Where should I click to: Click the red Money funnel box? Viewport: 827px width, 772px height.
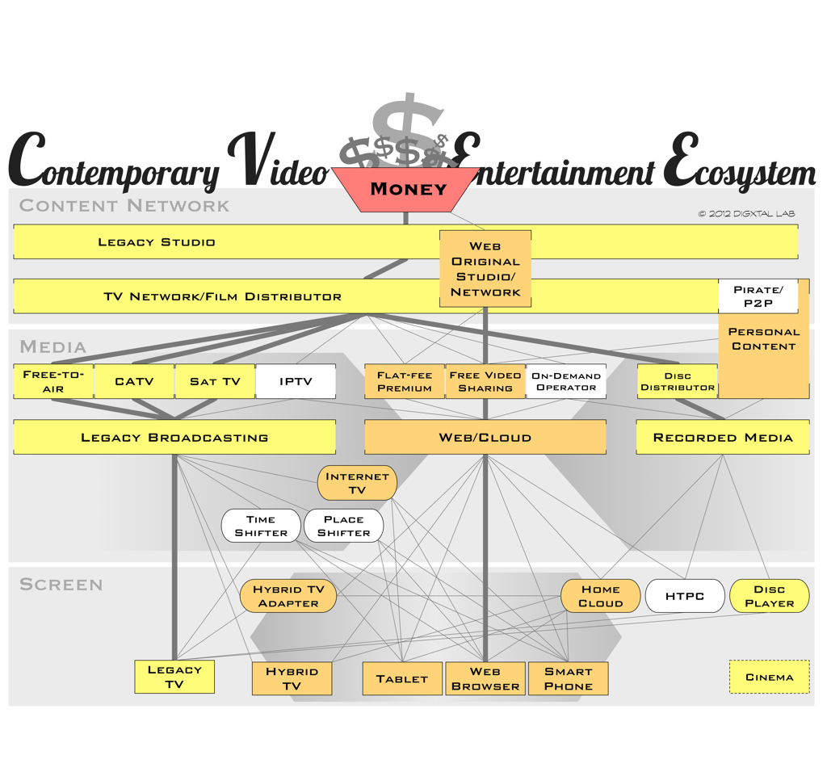tap(408, 189)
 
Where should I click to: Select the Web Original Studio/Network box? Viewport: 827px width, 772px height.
tap(485, 269)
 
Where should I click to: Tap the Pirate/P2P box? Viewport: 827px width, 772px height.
tap(758, 296)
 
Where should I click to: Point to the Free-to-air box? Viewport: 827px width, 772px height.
tap(53, 381)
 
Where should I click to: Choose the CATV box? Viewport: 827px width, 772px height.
tap(134, 381)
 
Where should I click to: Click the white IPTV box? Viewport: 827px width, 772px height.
tap(296, 381)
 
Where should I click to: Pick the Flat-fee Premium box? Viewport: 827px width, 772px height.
tap(404, 381)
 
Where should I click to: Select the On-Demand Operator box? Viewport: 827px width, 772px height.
tap(565, 381)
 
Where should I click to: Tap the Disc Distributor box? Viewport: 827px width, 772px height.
tap(677, 381)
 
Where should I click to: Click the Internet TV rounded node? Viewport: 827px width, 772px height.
tap(357, 483)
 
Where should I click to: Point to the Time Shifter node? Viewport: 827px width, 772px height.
tap(261, 526)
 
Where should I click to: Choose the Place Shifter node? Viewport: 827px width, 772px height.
tap(343, 526)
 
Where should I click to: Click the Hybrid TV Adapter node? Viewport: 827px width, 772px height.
tap(288, 596)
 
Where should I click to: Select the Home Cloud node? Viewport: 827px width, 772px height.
tap(601, 596)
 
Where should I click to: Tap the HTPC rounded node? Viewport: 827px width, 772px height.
tap(685, 596)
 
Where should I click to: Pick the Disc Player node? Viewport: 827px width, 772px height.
tap(769, 596)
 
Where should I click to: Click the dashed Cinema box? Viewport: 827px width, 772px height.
tap(769, 677)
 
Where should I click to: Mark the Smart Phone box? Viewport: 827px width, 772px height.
tap(568, 678)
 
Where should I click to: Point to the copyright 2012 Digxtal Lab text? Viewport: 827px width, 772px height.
tap(746, 214)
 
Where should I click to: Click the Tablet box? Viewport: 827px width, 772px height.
tap(402, 678)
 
